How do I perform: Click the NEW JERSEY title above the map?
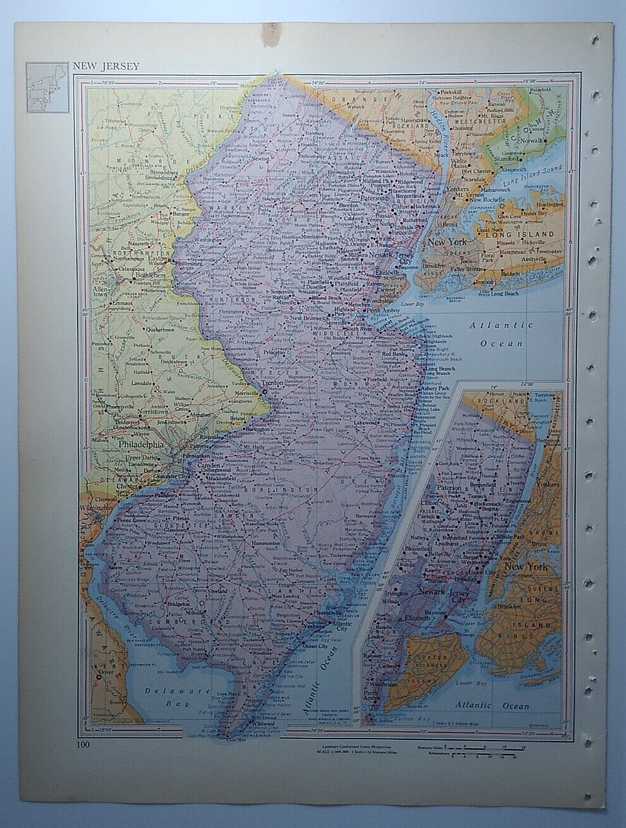pos(106,66)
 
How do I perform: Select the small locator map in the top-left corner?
pos(47,87)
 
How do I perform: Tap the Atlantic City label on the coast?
pos(333,624)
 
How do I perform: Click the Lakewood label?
pos(365,423)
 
